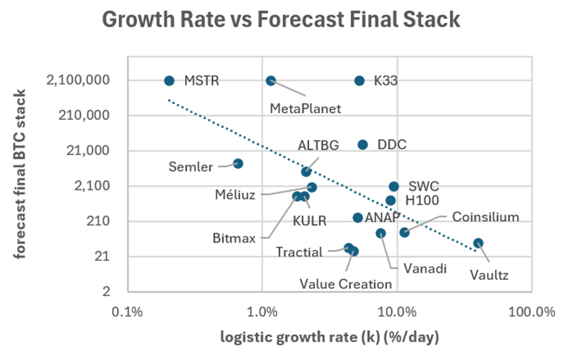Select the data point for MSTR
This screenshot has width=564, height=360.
coord(169,81)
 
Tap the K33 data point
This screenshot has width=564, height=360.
coord(359,81)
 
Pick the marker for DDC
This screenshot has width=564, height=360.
coord(363,145)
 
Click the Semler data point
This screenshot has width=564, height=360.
coord(238,163)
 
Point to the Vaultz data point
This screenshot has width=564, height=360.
coord(478,243)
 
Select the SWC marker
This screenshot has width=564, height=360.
coord(394,187)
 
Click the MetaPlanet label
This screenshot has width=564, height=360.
coord(306,109)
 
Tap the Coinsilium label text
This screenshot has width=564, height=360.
coord(485,217)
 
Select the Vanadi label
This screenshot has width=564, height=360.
coord(413,268)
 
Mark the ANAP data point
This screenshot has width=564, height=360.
coord(358,217)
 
